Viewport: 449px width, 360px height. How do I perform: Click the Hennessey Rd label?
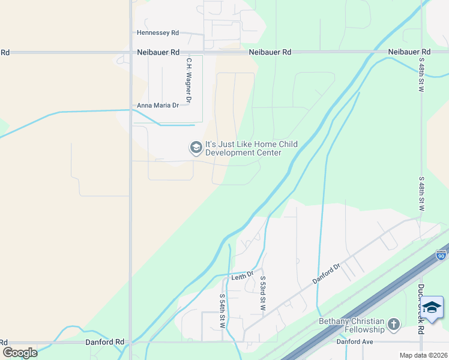158,33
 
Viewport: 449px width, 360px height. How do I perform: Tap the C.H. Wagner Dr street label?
188,79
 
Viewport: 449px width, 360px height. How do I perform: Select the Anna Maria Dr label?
158,106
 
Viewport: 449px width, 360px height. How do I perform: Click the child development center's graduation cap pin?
196,148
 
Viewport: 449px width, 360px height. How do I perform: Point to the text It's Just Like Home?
244,144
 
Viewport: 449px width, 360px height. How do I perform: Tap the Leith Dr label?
243,276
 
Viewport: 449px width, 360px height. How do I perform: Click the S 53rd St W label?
262,295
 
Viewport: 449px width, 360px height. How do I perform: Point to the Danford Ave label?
355,341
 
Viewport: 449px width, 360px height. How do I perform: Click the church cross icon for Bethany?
393,325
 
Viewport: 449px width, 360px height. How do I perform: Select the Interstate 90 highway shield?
441,256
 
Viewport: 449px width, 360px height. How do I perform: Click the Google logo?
20,352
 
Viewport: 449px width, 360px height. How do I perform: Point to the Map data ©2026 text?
423,355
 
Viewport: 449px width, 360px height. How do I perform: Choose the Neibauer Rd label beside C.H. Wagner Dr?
158,52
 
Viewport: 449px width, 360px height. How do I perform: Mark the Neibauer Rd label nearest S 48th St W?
409,52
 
